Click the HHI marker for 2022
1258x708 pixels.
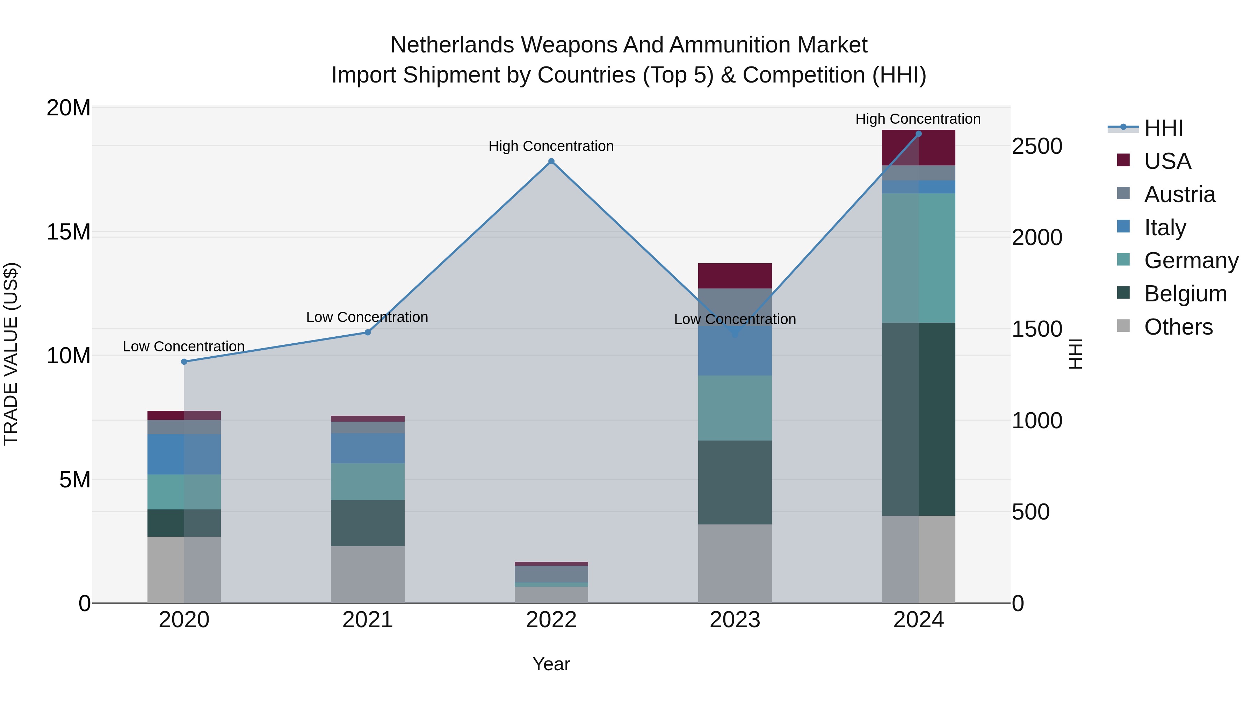(551, 161)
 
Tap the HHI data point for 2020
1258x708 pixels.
(184, 362)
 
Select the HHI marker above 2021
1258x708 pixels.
(368, 332)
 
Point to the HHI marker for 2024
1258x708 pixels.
(919, 134)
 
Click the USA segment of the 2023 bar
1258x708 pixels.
(735, 276)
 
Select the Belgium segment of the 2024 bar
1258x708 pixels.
(919, 419)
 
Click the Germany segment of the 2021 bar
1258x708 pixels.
(368, 481)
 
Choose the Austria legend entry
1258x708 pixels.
(1179, 194)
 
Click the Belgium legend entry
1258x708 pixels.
(1185, 294)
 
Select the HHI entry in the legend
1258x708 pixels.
(1163, 128)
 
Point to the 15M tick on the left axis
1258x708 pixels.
(68, 231)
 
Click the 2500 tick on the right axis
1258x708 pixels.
(1037, 146)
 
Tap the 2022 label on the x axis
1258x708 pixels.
(551, 620)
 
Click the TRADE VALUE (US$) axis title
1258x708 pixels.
(11, 354)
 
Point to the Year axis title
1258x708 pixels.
(551, 664)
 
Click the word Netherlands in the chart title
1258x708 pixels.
(452, 45)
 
